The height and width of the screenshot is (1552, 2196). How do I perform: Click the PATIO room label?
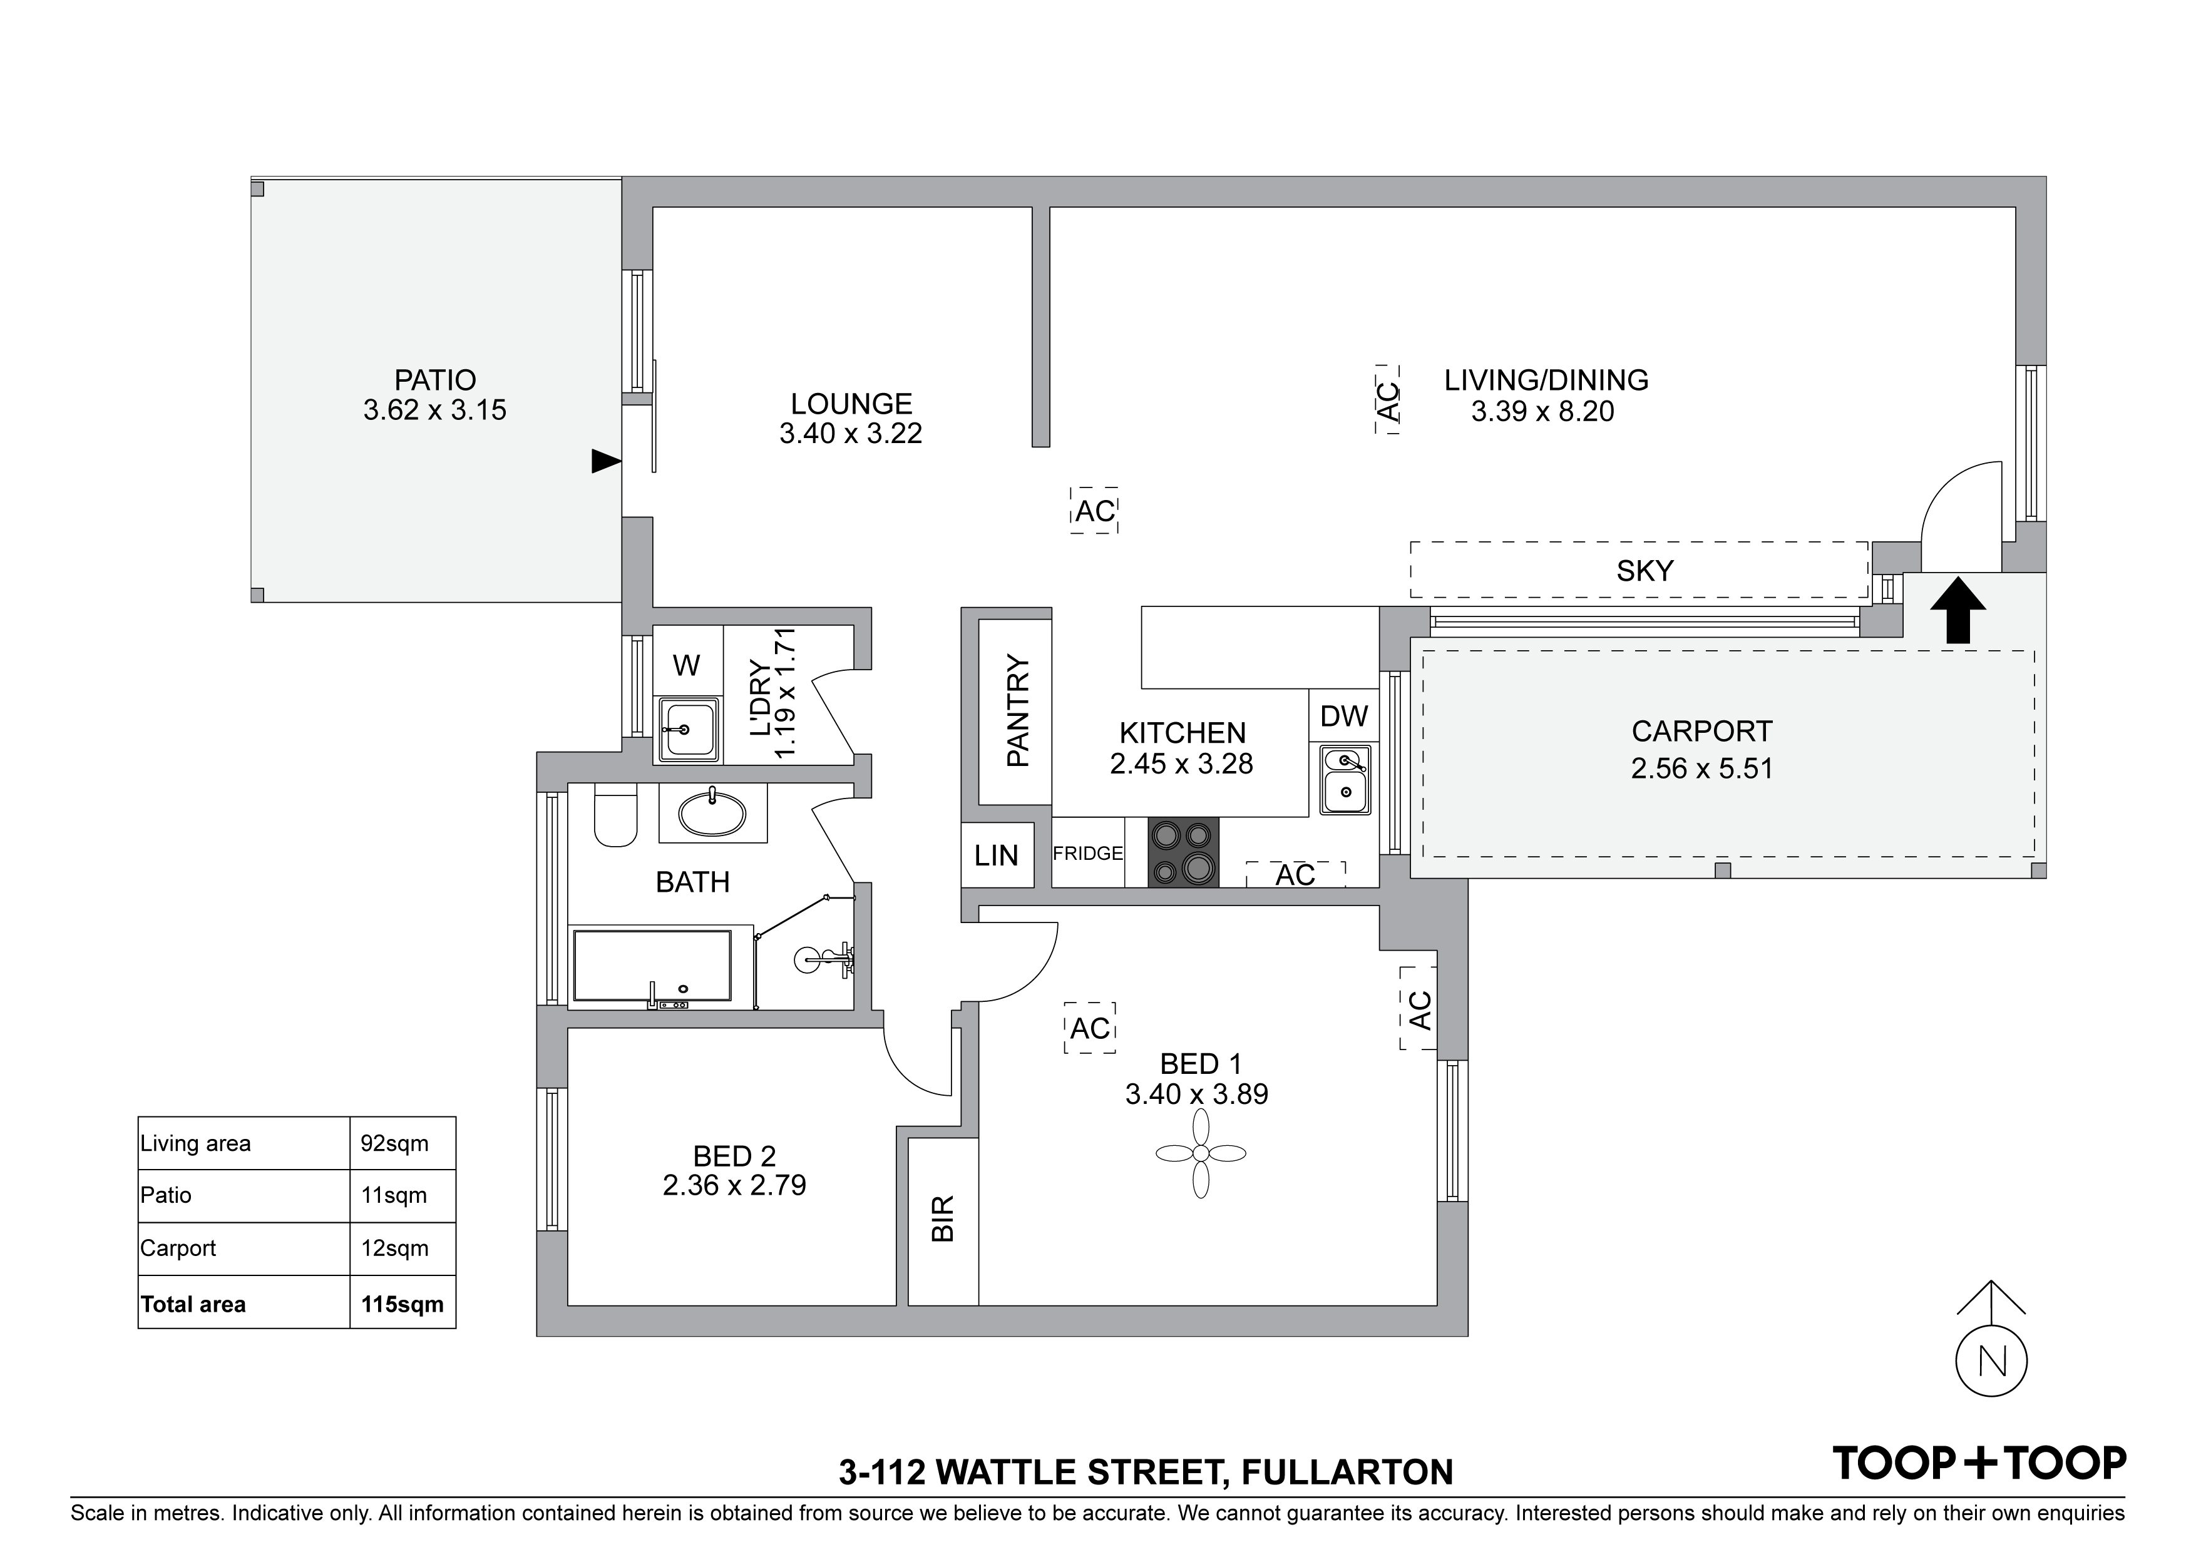(x=435, y=380)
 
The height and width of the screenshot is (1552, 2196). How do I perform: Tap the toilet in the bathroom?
(x=615, y=815)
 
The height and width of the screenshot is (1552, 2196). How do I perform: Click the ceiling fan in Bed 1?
(x=1200, y=1153)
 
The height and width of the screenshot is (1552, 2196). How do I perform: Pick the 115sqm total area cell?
(x=403, y=1304)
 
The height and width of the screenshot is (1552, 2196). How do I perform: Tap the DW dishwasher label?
(x=1344, y=716)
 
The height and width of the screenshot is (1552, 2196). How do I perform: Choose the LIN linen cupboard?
(x=997, y=855)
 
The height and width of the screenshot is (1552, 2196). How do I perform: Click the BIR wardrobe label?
(x=943, y=1218)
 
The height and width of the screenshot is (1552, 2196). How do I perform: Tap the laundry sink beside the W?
(x=687, y=730)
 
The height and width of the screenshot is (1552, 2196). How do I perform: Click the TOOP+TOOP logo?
(x=1979, y=1463)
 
